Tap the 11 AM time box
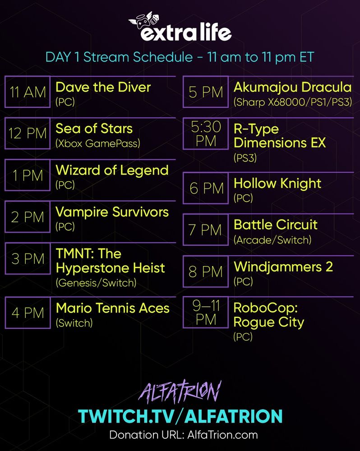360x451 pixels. pos(28,92)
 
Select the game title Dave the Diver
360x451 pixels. pos(103,87)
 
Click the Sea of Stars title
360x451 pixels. pos(94,129)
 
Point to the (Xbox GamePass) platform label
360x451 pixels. pos(98,143)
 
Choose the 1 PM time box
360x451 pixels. pos(28,175)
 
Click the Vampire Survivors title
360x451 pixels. pos(112,212)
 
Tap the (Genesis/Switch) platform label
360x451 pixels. pos(96,283)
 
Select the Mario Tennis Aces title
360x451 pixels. pos(112,308)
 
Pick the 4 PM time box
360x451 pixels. pos(28,313)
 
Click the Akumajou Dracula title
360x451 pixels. pos(292,87)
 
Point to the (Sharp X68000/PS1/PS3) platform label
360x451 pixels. pos(292,102)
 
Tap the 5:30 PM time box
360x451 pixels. pos(206,134)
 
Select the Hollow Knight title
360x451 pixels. pos(277,183)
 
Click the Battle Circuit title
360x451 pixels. pos(276,225)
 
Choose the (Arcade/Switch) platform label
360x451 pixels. pos(272,240)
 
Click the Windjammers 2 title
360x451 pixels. pos(283,267)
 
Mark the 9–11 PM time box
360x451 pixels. pos(206,313)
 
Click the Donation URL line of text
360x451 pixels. pos(183,435)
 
